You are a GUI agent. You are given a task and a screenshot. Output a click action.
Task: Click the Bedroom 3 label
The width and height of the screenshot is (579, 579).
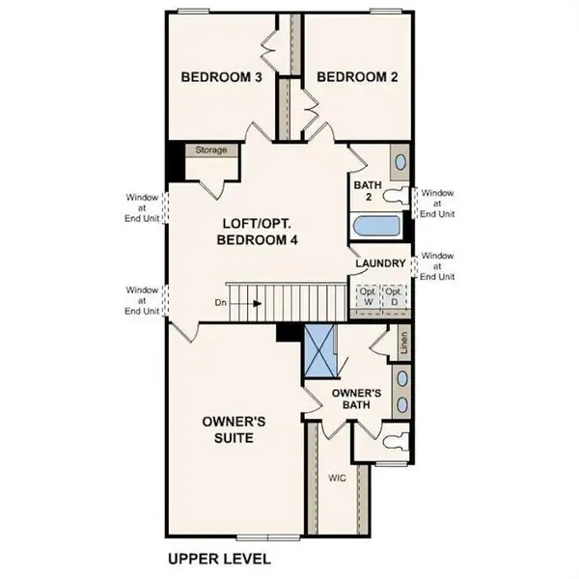point(222,77)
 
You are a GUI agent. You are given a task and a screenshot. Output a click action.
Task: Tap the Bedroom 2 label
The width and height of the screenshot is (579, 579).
point(359,77)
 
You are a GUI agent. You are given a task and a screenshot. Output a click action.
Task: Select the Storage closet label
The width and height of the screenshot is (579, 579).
point(211,151)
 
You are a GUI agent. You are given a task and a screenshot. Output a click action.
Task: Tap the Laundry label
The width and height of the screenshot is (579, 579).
point(379,263)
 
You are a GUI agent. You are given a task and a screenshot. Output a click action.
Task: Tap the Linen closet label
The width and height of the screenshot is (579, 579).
point(403,342)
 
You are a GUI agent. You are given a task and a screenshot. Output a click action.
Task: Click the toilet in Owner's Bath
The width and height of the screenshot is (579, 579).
point(394,445)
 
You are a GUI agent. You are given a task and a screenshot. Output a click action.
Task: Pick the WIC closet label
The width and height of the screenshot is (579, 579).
point(336,477)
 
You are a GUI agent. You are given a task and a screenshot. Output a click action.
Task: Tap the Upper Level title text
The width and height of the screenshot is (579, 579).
point(219,559)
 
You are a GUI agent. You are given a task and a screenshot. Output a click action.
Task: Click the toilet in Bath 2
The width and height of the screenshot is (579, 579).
point(397,197)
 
